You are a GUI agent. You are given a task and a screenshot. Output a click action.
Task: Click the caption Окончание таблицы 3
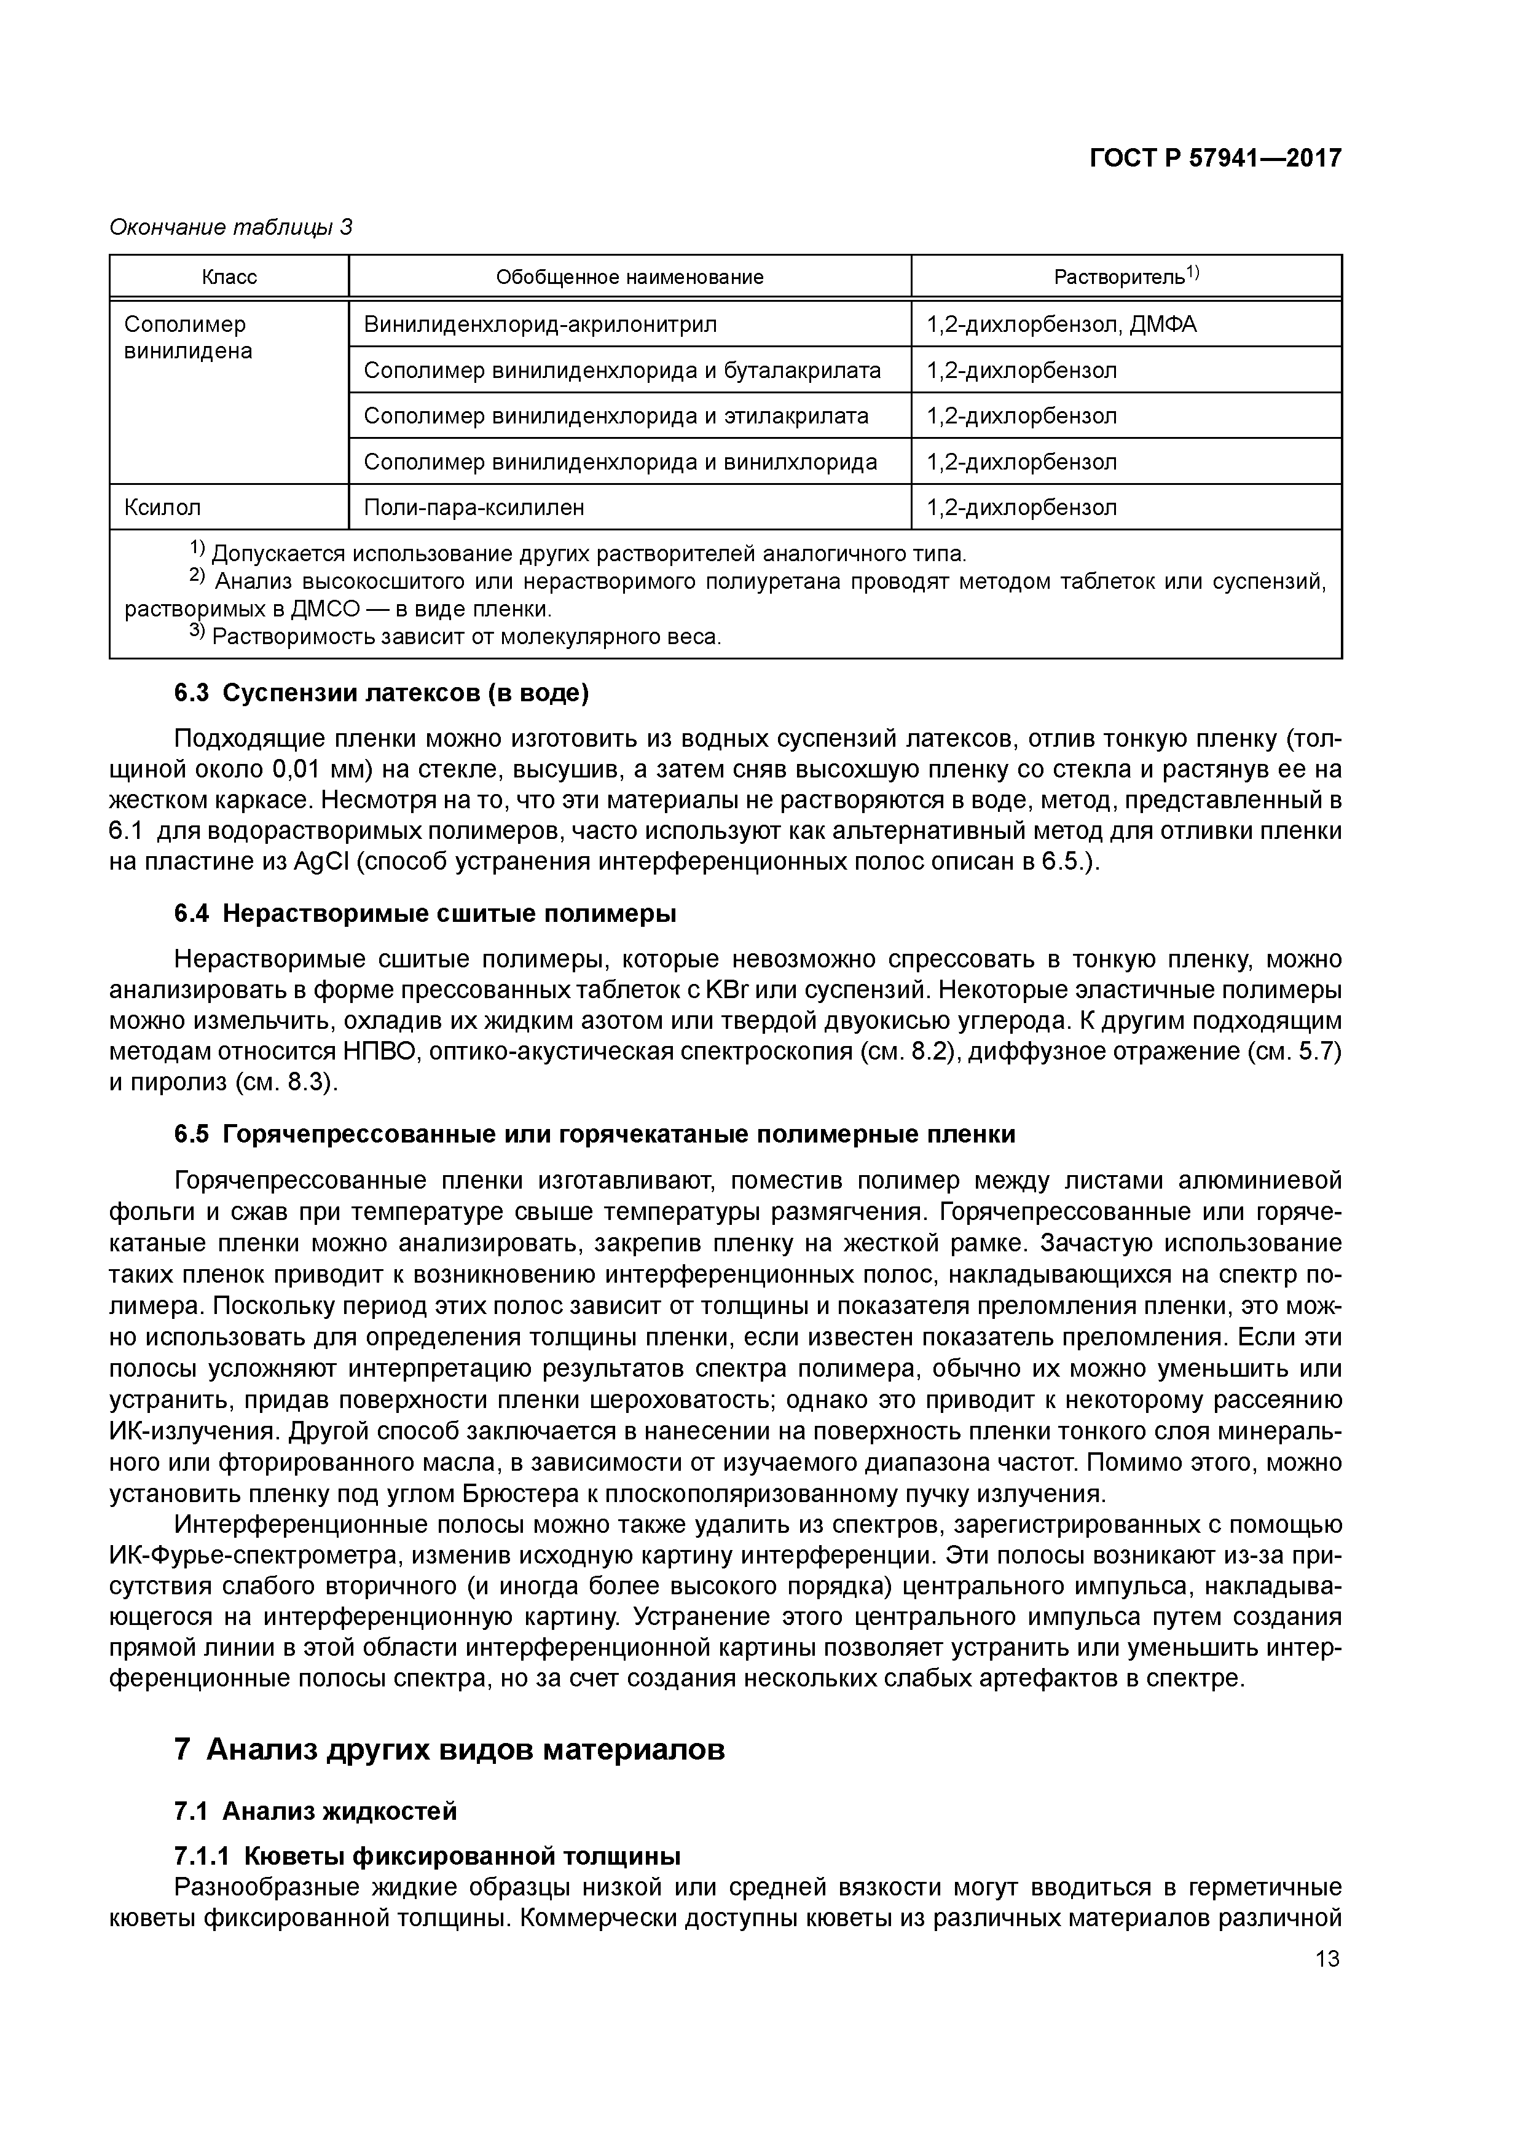coord(231,227)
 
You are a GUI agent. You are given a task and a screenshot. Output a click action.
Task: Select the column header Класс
coord(229,277)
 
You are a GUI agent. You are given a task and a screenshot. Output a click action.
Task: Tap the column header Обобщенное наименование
coord(629,277)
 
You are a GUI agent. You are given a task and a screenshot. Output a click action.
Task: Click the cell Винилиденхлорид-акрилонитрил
coord(540,325)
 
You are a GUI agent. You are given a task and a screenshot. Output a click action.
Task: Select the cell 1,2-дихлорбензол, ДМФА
coord(1061,325)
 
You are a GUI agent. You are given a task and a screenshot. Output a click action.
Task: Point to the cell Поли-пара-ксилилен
coord(473,508)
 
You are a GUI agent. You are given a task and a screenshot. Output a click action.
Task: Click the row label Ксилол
coord(162,508)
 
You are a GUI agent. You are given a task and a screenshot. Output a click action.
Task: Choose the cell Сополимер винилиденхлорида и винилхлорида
coord(620,462)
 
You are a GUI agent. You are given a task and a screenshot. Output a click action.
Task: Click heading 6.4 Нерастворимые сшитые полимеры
coord(425,914)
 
